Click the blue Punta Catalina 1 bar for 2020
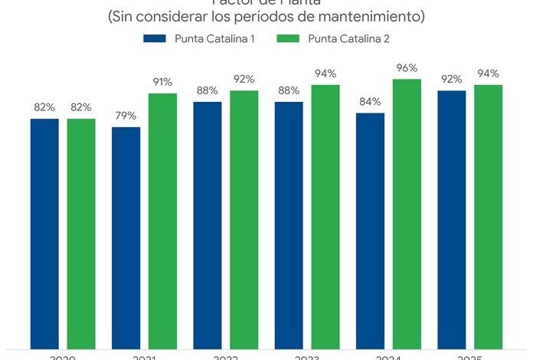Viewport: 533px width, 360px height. (44, 234)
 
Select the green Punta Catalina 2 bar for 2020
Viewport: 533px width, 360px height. (81, 234)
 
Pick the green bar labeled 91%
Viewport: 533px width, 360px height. (162, 221)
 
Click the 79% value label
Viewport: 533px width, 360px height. (126, 116)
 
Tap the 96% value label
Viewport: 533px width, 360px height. (407, 67)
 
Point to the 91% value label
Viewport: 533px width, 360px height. (162, 82)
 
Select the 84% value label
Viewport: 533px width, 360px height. (370, 102)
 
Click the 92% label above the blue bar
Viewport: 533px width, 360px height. (452, 79)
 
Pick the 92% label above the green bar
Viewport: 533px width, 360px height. (244, 79)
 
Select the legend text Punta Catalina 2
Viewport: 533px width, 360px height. (348, 39)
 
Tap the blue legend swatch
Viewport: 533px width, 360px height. (155, 39)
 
